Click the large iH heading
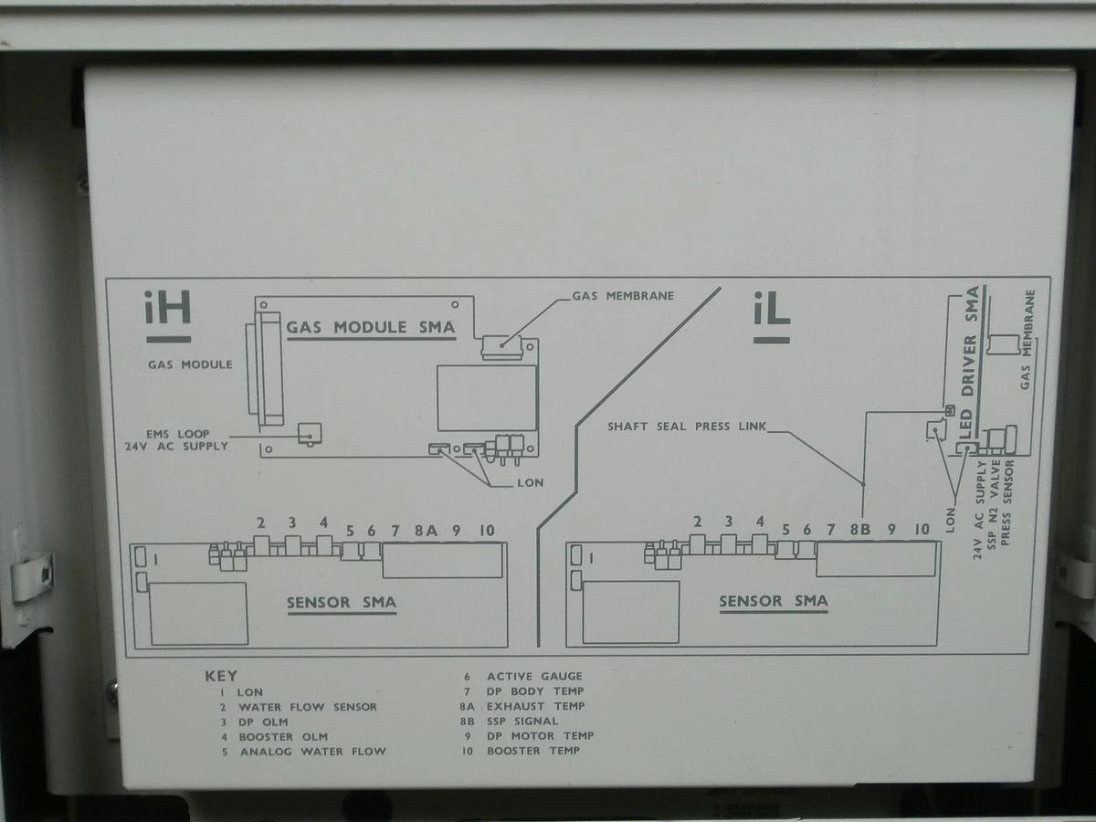[x=168, y=308]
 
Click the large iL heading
[x=772, y=309]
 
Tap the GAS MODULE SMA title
[x=371, y=327]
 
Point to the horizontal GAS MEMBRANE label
[x=623, y=296]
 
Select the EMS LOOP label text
[x=178, y=434]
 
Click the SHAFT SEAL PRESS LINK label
[x=687, y=427]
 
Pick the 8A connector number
[x=426, y=531]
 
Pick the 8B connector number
[x=860, y=530]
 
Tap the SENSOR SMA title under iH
[x=342, y=603]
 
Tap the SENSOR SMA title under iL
[x=774, y=601]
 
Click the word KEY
[x=221, y=676]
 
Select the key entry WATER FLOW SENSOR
[x=308, y=707]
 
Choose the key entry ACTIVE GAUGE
[x=535, y=676]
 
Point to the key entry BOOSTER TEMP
[x=533, y=751]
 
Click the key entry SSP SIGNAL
[x=522, y=722]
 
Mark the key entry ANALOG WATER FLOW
[x=313, y=751]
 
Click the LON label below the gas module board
[x=531, y=482]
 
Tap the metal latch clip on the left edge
[x=31, y=577]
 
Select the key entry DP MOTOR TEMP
[x=541, y=735]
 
